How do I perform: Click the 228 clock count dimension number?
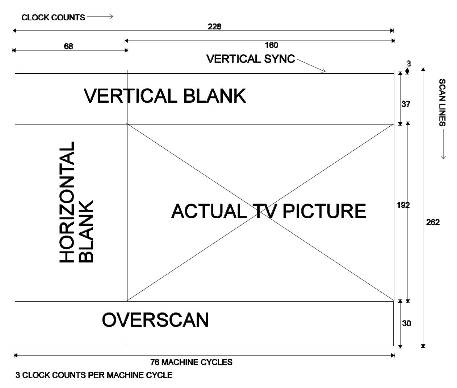(x=214, y=26)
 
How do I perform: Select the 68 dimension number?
(x=68, y=46)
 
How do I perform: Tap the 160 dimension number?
(x=271, y=45)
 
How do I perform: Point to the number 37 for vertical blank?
(x=406, y=104)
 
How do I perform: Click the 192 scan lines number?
(x=403, y=205)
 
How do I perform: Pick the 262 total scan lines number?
(x=433, y=222)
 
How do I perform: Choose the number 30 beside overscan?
(x=406, y=323)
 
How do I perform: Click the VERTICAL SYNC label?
(x=251, y=59)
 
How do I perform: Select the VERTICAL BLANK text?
(x=165, y=96)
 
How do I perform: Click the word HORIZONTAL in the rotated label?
(x=67, y=202)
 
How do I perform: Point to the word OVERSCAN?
(x=155, y=320)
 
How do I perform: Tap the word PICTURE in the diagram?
(x=324, y=211)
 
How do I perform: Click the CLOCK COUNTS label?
(x=53, y=17)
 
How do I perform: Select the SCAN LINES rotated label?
(x=442, y=102)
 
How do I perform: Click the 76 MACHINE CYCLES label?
(x=191, y=362)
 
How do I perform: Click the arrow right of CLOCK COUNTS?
(x=100, y=16)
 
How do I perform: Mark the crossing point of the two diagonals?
(x=260, y=213)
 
